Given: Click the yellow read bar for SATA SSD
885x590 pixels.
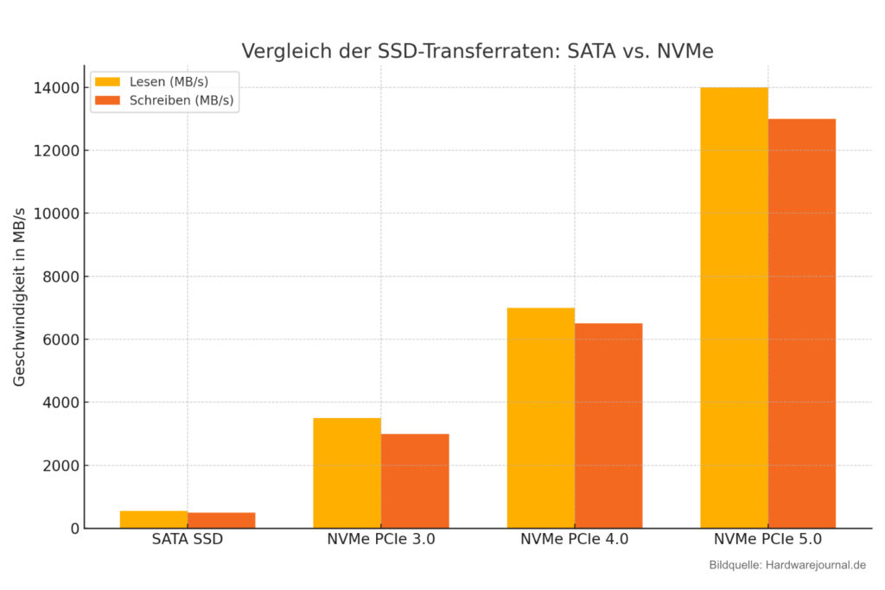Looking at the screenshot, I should pos(154,519).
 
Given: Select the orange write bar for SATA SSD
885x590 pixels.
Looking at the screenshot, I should pos(221,520).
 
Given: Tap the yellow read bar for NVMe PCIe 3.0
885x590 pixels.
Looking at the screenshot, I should pos(347,473).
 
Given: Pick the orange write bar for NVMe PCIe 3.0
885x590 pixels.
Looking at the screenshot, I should pos(415,480).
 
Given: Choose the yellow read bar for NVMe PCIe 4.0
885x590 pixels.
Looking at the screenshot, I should pos(540,417).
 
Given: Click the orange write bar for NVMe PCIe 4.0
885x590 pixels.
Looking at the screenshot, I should pos(608,425).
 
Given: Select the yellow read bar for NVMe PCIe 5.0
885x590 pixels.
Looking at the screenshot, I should pos(734,308).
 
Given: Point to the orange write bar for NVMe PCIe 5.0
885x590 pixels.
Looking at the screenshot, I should pos(802,323).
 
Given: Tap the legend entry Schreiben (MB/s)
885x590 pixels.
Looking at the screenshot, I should pos(163,100).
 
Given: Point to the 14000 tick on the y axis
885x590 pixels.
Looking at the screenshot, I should pos(54,88).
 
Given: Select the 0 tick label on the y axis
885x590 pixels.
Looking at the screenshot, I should pos(74,529).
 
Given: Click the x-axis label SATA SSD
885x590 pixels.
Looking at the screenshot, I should pos(188,540).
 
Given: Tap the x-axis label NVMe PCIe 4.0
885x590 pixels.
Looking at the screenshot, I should pos(574,540).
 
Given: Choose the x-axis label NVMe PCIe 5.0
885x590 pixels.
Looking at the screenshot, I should pos(767,540).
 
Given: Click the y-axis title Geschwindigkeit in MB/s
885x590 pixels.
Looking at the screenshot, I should pos(20,296).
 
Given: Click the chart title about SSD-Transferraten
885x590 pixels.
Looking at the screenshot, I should pos(477,51).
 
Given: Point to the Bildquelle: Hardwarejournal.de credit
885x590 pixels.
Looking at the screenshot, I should pos(786,565).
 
